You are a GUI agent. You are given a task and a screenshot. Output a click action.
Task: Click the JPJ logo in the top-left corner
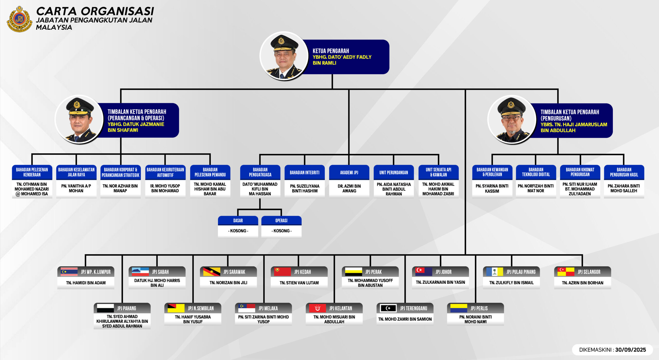19,19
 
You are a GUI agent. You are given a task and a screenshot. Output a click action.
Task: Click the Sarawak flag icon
211,272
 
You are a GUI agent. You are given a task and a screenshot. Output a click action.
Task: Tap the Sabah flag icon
140,272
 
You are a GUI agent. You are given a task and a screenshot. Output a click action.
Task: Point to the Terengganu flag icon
388,308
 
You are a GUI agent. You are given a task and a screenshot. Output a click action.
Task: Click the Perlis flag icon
459,308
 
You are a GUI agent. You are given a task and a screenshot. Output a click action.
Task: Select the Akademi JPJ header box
349,172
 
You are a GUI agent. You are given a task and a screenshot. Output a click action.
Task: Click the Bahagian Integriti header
305,172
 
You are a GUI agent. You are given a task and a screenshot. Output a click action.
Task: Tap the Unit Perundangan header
394,172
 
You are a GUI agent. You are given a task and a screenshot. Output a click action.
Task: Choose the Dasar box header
238,221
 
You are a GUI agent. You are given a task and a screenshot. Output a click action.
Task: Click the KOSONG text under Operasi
281,231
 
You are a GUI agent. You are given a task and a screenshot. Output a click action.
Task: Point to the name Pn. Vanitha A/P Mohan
76,188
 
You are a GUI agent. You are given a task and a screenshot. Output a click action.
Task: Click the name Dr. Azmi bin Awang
349,188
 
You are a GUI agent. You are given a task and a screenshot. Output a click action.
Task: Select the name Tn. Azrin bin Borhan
583,283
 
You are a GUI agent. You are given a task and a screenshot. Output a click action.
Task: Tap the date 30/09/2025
630,350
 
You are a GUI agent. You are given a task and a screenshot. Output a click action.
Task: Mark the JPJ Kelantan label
341,308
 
